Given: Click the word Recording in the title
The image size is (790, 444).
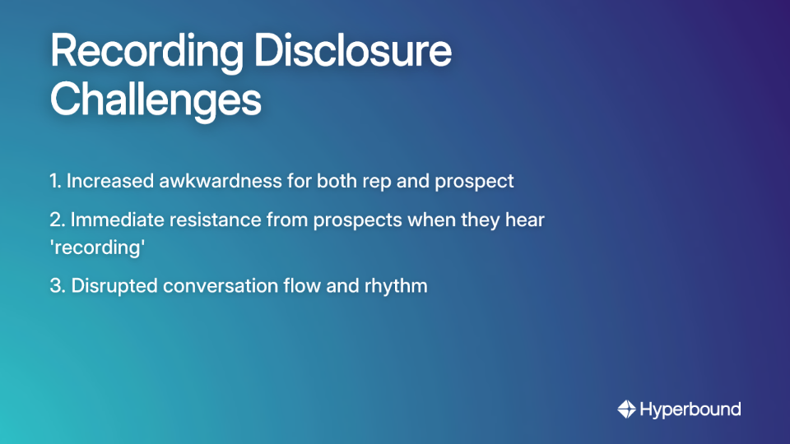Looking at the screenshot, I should coord(146,52).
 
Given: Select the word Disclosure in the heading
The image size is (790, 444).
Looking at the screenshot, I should coord(352,52).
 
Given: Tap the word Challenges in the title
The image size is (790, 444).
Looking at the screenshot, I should coord(156,100).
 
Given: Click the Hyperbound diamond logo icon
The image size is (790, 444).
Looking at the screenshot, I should coord(627,409).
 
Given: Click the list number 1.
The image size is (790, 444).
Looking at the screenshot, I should coord(55,181).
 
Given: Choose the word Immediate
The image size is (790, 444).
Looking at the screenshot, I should coord(113,220).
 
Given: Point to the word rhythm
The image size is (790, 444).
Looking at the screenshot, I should coord(397,286).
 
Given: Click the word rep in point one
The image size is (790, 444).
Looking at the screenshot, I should coord(374,182).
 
